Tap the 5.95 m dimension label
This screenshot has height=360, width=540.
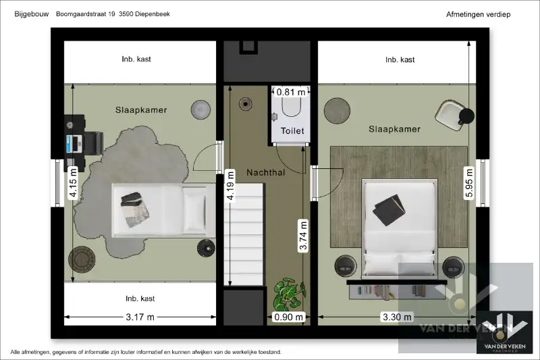tap(468, 183)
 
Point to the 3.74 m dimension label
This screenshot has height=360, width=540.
tap(303, 236)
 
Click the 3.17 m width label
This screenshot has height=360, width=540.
tap(140, 317)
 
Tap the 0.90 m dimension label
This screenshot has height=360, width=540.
tap(288, 317)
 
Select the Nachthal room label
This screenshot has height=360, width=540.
tap(265, 173)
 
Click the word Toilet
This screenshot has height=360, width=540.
tap(292, 131)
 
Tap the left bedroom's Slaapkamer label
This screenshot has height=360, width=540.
tap(140, 110)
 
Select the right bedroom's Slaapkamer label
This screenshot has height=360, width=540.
tap(394, 129)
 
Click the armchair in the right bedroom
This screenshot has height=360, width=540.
tap(454, 113)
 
